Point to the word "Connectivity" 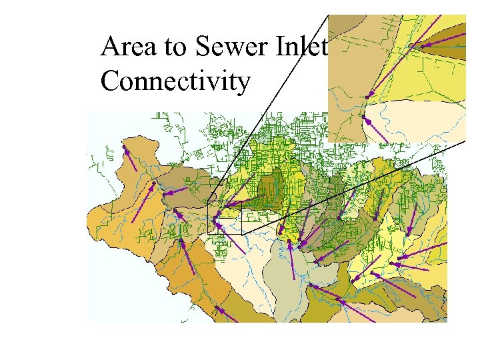[175, 82]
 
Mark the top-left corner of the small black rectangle [207, 202]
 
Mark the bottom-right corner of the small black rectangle [241, 233]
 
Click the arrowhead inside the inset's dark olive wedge [423, 46]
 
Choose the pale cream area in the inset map [427, 120]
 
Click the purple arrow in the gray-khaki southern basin [291, 259]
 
